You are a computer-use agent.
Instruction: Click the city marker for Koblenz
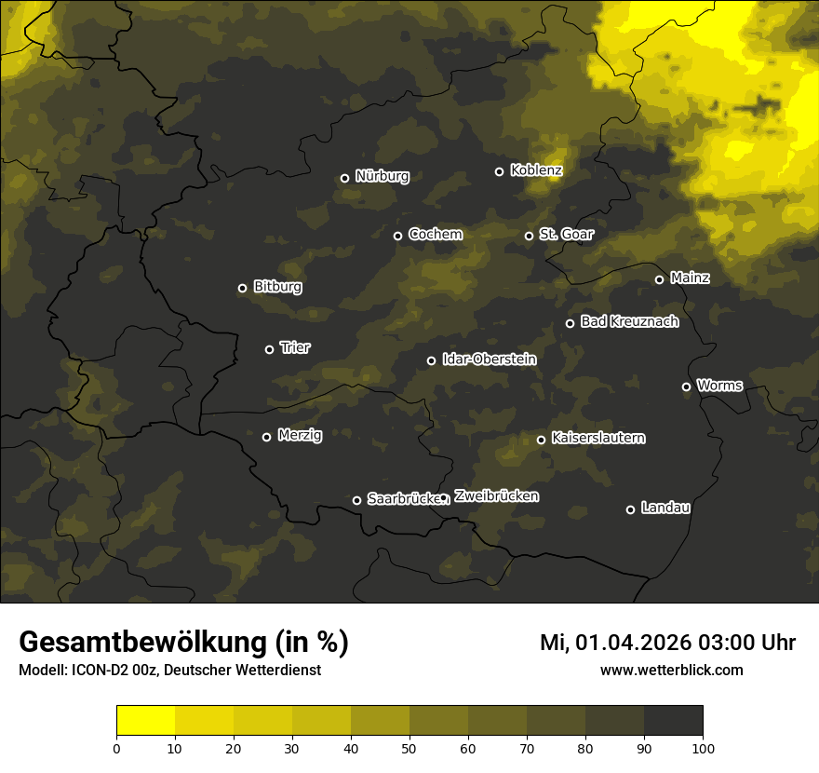click(x=499, y=171)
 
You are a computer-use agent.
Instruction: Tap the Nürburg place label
click(x=382, y=176)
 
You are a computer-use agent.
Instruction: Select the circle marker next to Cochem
click(x=397, y=236)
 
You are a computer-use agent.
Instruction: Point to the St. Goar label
click(x=566, y=234)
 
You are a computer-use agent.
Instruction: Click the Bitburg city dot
click(x=242, y=288)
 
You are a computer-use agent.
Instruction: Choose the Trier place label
click(x=295, y=347)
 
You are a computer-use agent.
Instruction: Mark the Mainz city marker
click(x=659, y=279)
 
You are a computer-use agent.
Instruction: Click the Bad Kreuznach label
click(x=629, y=321)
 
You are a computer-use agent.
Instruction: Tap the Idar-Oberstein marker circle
click(x=431, y=360)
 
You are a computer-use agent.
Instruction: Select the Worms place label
click(x=719, y=385)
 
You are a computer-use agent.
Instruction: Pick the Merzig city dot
click(x=266, y=437)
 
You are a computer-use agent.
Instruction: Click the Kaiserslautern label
click(x=598, y=438)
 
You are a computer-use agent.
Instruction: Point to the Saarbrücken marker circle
click(x=356, y=500)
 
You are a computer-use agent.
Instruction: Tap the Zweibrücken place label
click(x=496, y=496)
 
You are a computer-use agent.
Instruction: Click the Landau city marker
click(x=630, y=509)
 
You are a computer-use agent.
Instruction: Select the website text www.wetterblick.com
click(x=671, y=670)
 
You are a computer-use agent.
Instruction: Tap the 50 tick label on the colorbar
click(x=409, y=748)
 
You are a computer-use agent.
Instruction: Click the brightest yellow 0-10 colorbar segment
click(x=145, y=721)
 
